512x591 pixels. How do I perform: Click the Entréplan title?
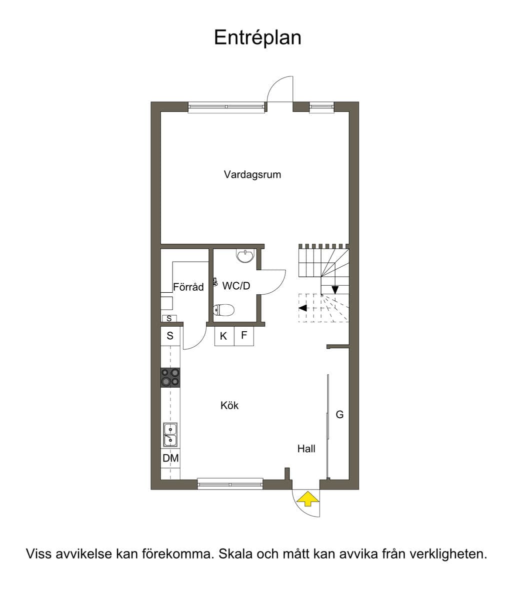[x=257, y=37]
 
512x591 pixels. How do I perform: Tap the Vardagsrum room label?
[x=252, y=174]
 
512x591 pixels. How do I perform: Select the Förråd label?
[x=188, y=287]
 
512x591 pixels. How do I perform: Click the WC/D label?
[x=236, y=286]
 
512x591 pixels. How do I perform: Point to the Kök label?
[x=229, y=405]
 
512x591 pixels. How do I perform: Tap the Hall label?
[x=306, y=449]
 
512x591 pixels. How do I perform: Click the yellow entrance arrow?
[x=308, y=498]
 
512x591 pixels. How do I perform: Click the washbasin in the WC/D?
[x=245, y=256]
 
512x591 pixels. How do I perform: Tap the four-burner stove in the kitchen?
[x=170, y=378]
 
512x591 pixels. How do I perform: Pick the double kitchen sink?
[x=170, y=435]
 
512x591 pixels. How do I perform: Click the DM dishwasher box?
[x=170, y=458]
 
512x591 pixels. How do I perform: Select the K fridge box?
[x=224, y=336]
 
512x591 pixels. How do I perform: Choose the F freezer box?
[x=244, y=336]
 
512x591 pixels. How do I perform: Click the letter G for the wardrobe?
[x=339, y=415]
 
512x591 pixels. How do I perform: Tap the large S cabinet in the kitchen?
[x=170, y=336]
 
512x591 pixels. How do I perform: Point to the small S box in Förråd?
[x=169, y=319]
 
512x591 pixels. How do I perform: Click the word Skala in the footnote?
[x=236, y=554]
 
